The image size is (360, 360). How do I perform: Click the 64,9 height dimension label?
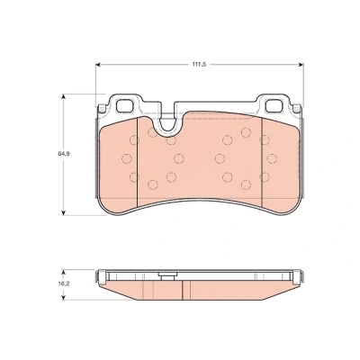coord(62,153)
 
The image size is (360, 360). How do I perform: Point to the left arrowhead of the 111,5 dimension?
coord(98,65)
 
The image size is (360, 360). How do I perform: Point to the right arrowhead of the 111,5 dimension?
coord(301,65)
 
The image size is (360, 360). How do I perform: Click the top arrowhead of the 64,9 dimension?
coord(63,96)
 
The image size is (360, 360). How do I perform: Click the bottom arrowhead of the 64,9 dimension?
coord(63,212)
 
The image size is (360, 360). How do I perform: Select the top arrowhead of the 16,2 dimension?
coord(63,272)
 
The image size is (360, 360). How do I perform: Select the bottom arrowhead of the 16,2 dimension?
coord(63,297)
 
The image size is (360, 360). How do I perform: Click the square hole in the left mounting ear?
coord(124,105)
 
